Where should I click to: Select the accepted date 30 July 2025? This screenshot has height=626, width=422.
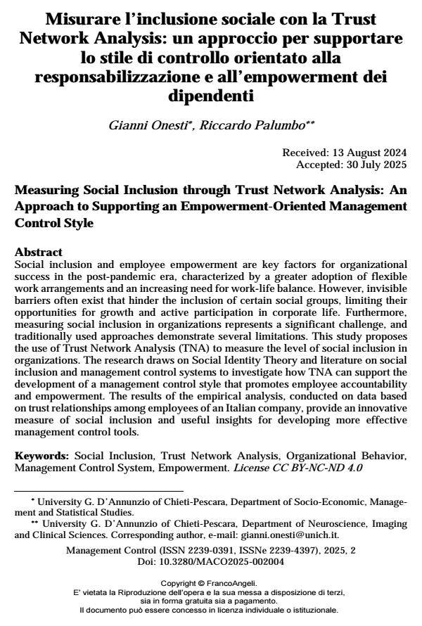pyautogui.click(x=378, y=163)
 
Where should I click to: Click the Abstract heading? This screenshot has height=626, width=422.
pyautogui.click(x=39, y=252)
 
